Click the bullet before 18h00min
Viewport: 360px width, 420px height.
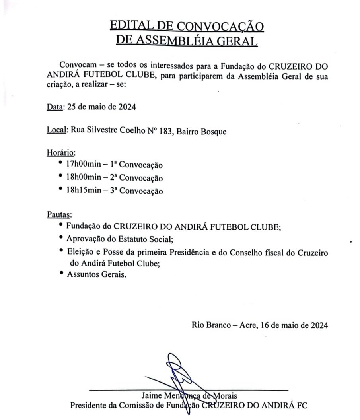[x=60, y=176]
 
